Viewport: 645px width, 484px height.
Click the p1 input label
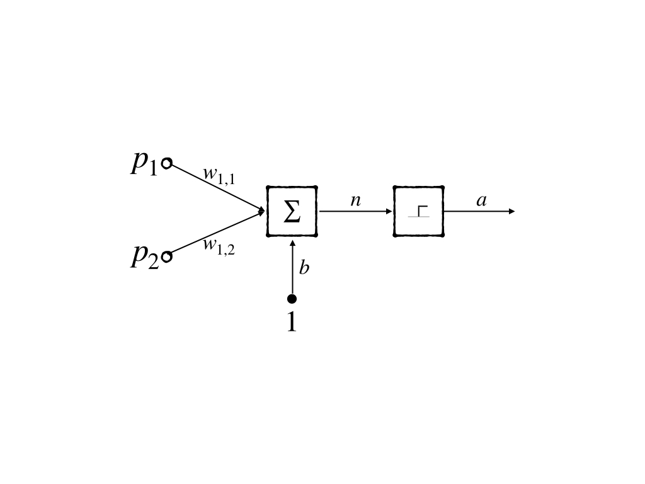tap(144, 163)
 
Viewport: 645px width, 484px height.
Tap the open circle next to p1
tap(167, 164)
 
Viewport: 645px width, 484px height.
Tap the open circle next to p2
tap(167, 256)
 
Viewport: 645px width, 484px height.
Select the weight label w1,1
tap(219, 175)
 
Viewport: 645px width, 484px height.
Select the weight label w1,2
tap(219, 245)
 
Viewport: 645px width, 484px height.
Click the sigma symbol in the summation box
tap(292, 212)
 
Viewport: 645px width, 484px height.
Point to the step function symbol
tap(419, 211)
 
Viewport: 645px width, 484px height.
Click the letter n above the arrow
tap(355, 200)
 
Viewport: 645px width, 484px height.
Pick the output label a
tap(482, 201)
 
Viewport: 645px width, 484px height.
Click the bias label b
tap(304, 268)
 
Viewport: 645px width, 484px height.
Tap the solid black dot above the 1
tap(292, 299)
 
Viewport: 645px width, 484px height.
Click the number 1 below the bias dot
tap(291, 322)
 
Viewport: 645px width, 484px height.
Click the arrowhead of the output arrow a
tap(511, 211)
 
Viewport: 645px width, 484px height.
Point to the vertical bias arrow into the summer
tap(292, 268)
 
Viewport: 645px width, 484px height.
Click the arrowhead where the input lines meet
tap(262, 211)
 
